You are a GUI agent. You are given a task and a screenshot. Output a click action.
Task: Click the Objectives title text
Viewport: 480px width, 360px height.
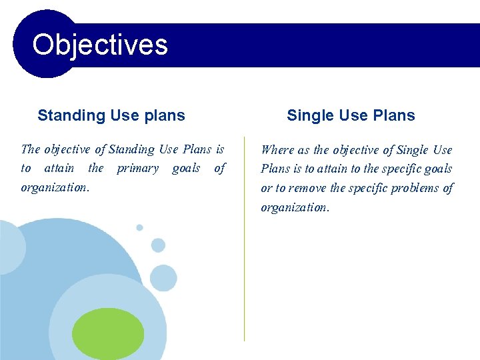[x=100, y=45]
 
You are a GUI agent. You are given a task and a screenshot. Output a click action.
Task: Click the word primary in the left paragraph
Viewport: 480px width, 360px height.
[x=137, y=169]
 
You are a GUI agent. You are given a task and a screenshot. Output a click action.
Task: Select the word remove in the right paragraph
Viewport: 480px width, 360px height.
[x=308, y=188]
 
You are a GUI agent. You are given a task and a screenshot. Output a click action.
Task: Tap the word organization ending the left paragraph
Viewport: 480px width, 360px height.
[x=55, y=187]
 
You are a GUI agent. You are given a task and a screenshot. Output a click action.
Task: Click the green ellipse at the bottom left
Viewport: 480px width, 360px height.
[x=108, y=333]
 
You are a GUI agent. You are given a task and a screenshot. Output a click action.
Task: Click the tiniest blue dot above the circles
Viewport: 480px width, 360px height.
[x=139, y=227]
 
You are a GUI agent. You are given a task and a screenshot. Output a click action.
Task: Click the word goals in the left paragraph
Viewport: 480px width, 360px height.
[x=186, y=169]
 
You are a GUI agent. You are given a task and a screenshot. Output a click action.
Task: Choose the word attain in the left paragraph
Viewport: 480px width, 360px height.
[x=59, y=169]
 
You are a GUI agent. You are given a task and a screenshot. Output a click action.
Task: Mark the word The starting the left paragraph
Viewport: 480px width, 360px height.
[x=31, y=149]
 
